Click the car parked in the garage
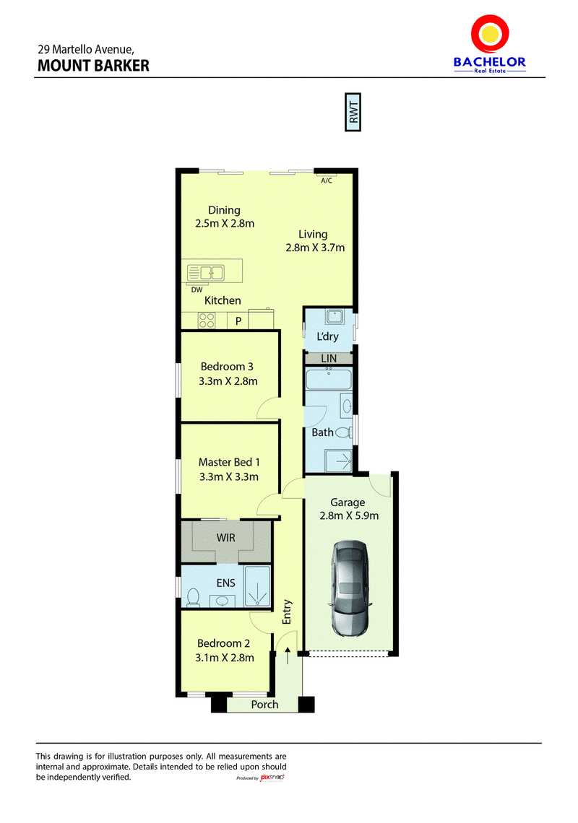click(x=349, y=588)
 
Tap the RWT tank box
click(x=353, y=112)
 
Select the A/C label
click(x=327, y=180)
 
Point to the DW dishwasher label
click(x=197, y=289)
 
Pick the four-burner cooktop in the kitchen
click(x=207, y=321)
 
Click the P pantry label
click(x=238, y=321)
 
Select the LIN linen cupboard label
click(x=329, y=359)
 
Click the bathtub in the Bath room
click(x=329, y=380)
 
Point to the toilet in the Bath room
click(x=344, y=432)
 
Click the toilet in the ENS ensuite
click(x=194, y=597)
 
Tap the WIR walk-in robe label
click(x=226, y=538)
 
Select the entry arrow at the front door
click(x=288, y=656)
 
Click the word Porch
click(x=265, y=705)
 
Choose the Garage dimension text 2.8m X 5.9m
click(x=349, y=516)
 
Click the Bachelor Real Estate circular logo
click(x=491, y=34)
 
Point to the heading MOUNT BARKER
click(x=93, y=66)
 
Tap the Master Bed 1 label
click(x=229, y=463)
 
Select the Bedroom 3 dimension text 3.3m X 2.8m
click(x=228, y=382)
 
